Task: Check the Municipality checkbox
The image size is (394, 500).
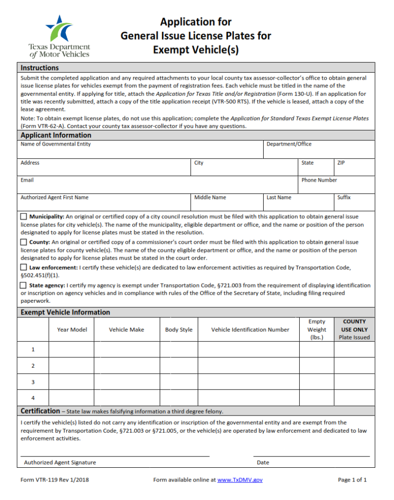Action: click(23, 216)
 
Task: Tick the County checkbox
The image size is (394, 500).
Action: click(23, 242)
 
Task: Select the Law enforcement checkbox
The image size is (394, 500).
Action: click(23, 268)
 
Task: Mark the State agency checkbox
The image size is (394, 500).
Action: click(23, 285)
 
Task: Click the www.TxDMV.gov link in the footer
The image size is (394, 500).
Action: click(240, 480)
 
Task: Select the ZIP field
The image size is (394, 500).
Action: click(354, 170)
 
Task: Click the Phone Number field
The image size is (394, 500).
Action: click(336, 187)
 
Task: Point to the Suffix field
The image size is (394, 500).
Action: click(354, 205)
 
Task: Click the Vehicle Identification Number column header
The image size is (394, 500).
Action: click(250, 330)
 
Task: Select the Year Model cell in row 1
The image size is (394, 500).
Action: click(71, 350)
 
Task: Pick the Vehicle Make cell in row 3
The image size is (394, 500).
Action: click(126, 382)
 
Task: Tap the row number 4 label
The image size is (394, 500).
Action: click(33, 398)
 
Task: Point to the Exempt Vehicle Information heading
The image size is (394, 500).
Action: click(65, 312)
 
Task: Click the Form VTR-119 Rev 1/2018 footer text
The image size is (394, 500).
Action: click(55, 480)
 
